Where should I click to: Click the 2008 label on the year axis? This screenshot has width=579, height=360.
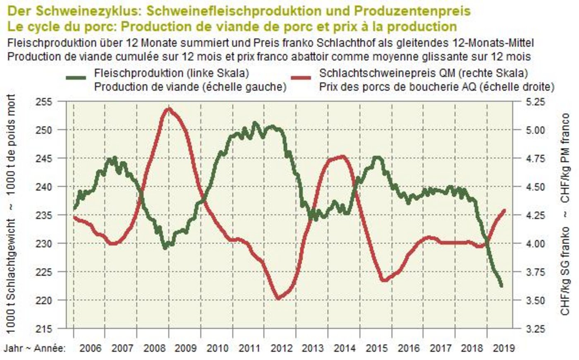[153, 348]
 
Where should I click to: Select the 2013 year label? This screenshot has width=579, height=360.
[313, 348]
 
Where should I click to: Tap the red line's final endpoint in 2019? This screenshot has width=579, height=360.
[504, 210]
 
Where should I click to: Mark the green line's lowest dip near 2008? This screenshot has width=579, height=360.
[165, 247]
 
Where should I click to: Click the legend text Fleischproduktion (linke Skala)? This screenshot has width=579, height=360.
[171, 73]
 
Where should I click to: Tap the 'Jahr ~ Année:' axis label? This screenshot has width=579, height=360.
[35, 348]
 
